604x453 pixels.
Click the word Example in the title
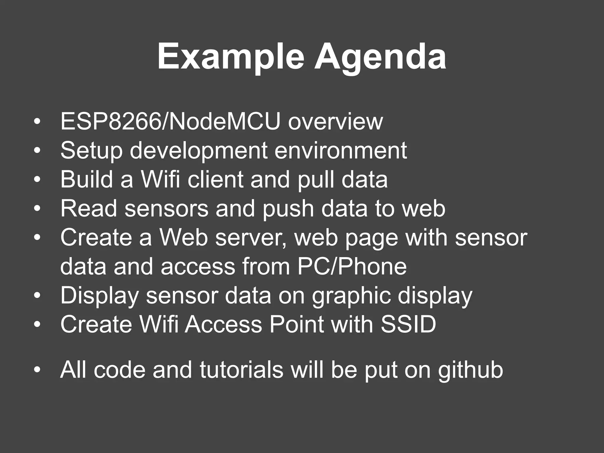tap(230, 57)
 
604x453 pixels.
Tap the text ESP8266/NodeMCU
tap(170, 122)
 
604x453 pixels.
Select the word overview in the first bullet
tap(335, 122)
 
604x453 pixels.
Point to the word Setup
tap(91, 151)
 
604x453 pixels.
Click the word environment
tap(341, 151)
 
